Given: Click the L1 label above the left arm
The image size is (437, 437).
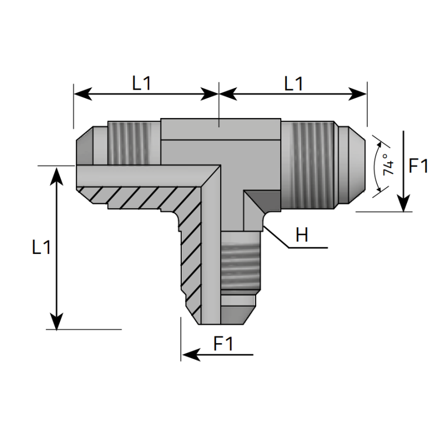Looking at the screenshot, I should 141,83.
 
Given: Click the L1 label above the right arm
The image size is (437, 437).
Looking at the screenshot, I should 293,83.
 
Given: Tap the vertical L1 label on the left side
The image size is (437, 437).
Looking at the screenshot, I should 42,247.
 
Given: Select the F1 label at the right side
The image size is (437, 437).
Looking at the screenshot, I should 418,166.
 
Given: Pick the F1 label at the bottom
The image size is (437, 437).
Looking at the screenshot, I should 223,344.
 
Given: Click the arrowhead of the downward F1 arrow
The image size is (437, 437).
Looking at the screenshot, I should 403,204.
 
